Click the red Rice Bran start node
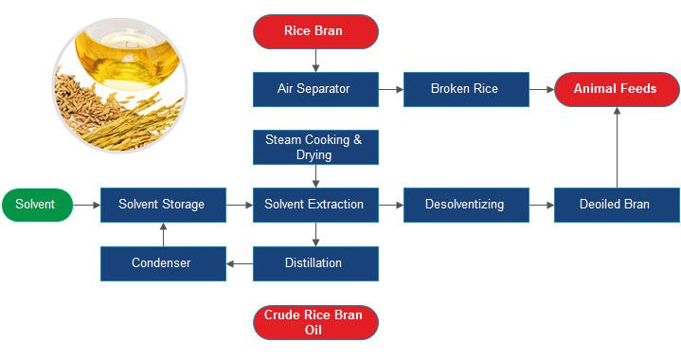pos(315,30)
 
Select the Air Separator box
pos(315,89)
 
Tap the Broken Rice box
pos(464,89)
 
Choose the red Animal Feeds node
pos(617,89)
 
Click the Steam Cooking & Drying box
pos(315,147)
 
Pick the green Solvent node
pos(36,204)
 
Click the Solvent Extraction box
pos(315,204)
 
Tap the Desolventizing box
pos(464,204)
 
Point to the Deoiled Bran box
pos(617,204)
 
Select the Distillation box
pos(315,262)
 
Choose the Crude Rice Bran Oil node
pos(315,322)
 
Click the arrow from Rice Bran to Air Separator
pos(315,60)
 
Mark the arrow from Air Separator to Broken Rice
pos(390,89)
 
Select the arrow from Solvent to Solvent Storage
pos(86,204)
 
